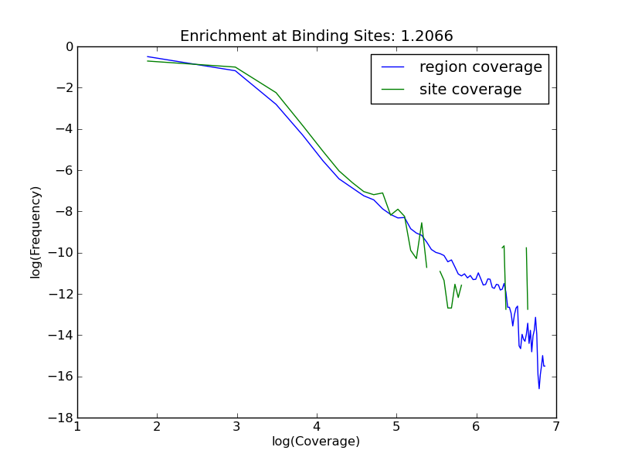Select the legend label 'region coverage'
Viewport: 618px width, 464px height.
(x=480, y=67)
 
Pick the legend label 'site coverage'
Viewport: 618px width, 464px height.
(x=470, y=90)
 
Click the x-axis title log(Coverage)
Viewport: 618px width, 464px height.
(x=316, y=442)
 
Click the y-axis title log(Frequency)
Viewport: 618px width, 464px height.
(x=36, y=232)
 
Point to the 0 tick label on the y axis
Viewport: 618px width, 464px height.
(x=70, y=47)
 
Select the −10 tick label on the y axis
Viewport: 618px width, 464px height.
(x=63, y=253)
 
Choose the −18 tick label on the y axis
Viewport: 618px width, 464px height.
(x=63, y=418)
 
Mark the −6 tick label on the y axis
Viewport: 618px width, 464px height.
(x=66, y=171)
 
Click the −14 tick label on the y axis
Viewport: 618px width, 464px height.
(x=63, y=336)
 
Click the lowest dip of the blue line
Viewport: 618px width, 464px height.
(x=539, y=388)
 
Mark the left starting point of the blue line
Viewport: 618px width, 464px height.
(x=148, y=56)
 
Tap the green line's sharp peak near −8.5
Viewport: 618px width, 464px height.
(x=422, y=223)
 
